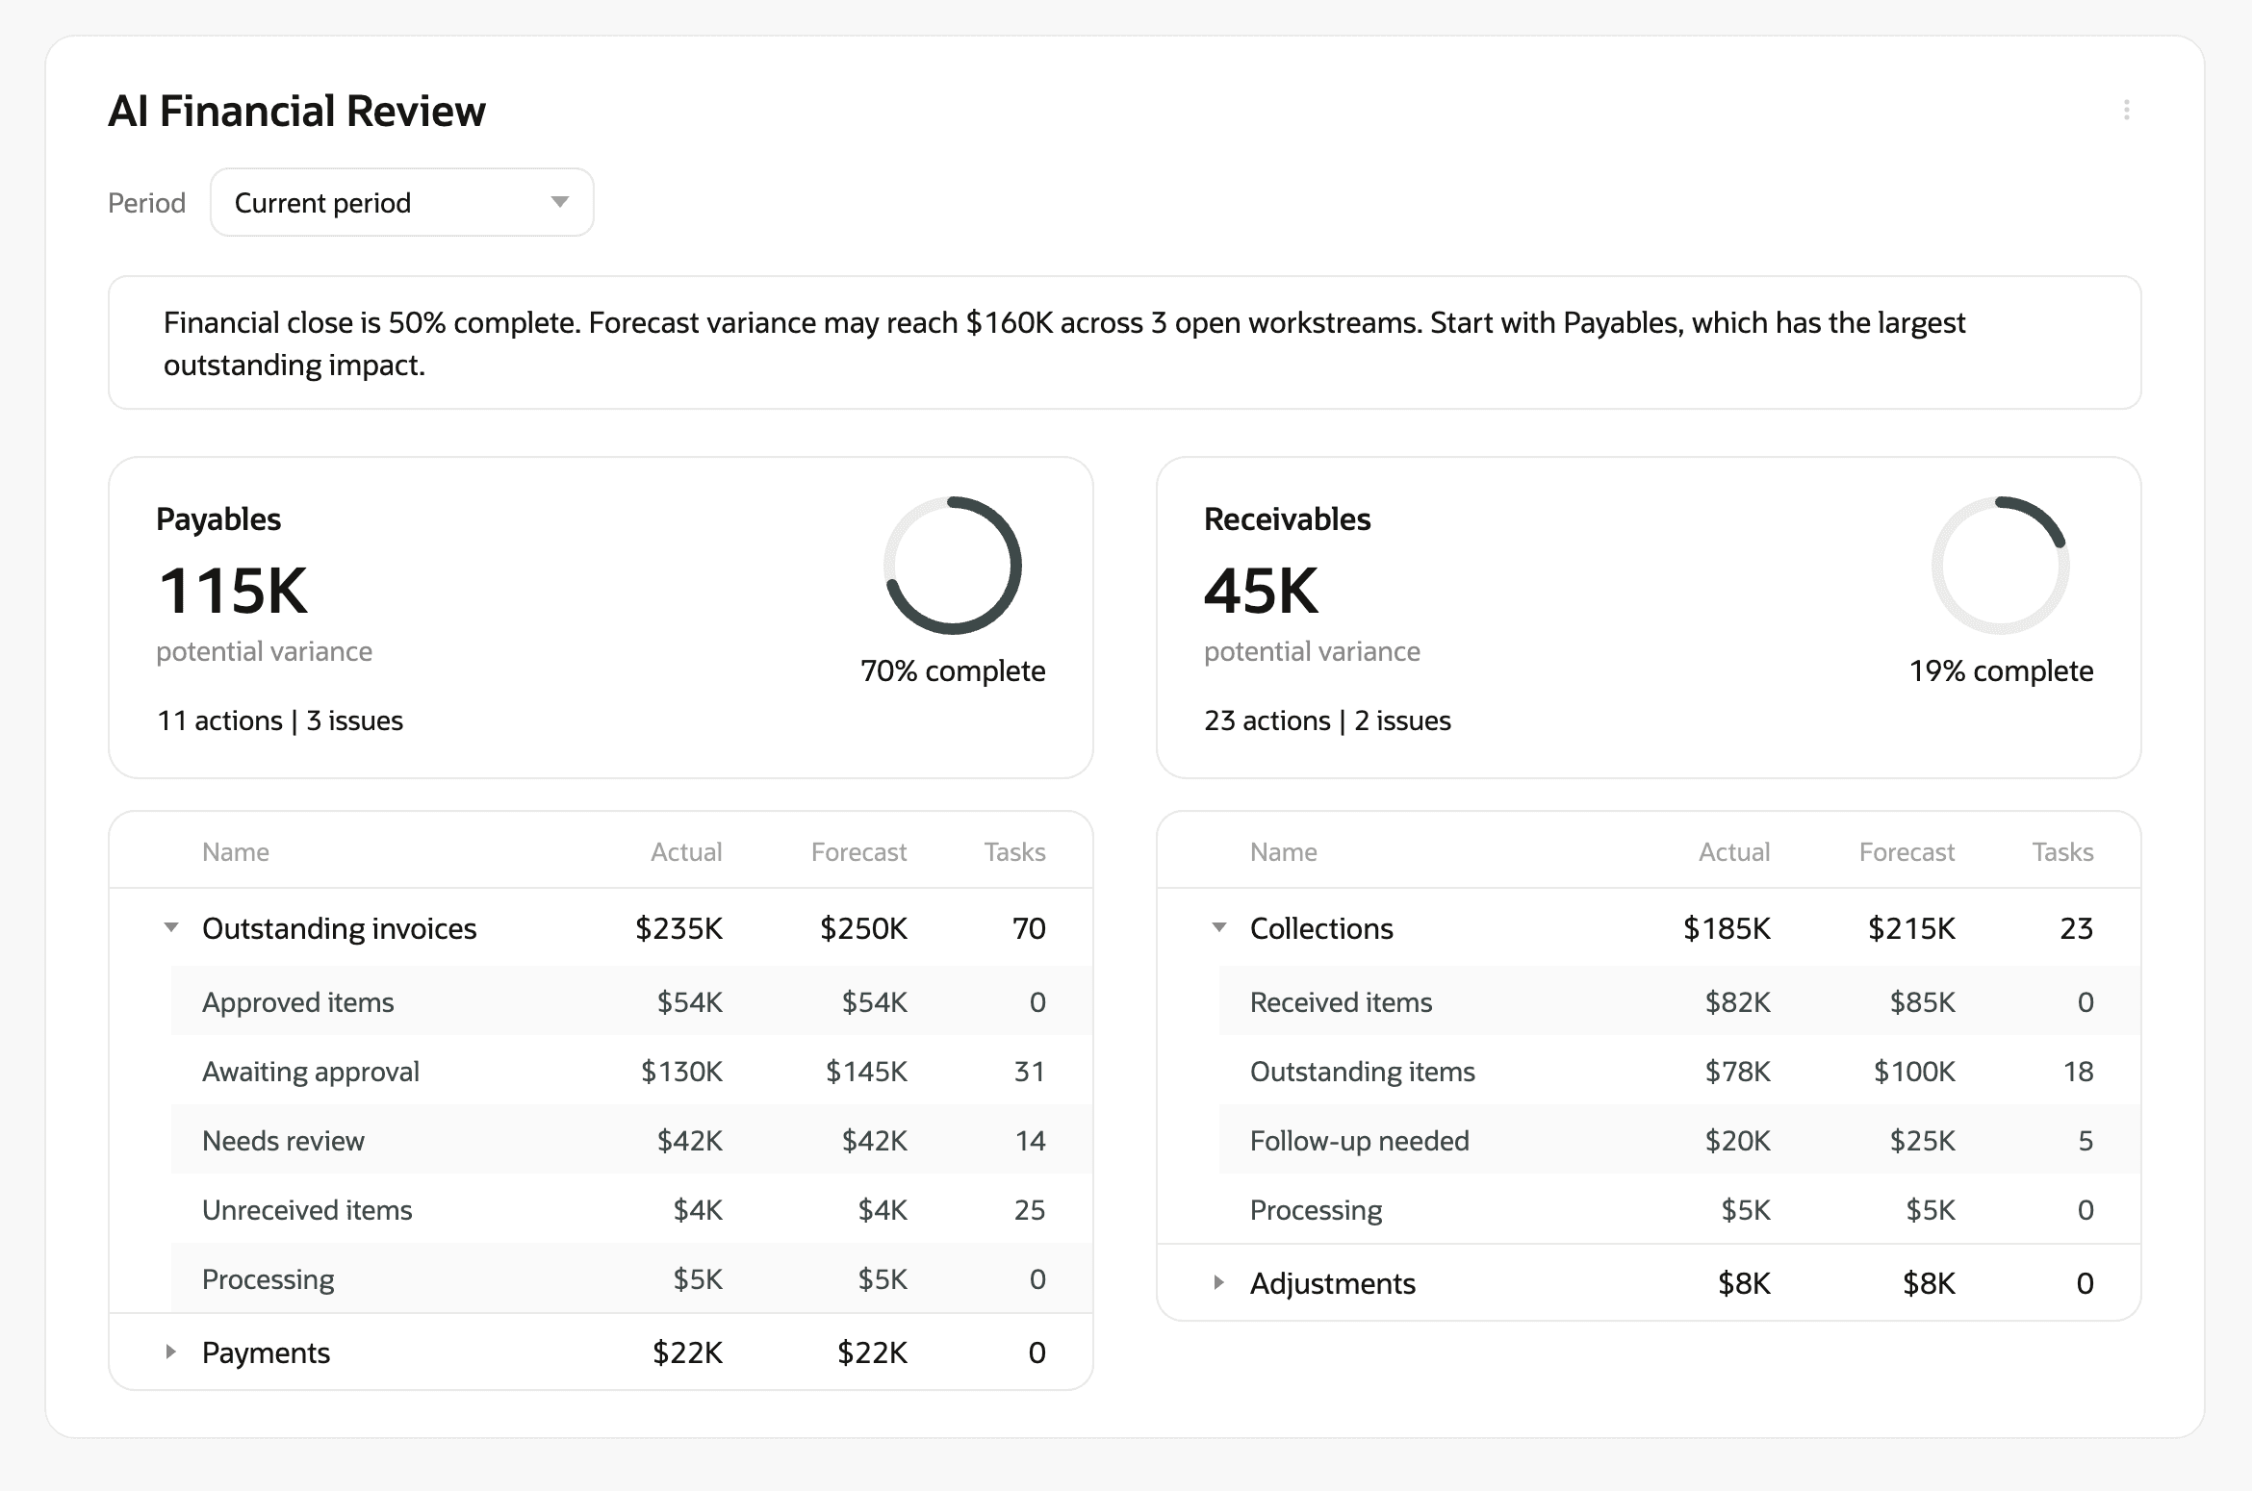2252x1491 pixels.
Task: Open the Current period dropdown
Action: pos(401,202)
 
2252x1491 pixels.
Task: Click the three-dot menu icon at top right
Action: pos(2126,110)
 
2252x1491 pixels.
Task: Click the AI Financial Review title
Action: pos(296,111)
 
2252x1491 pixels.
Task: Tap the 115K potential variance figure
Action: pos(233,591)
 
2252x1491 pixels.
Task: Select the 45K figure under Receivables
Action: pos(1261,591)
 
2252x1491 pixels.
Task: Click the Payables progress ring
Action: pos(952,566)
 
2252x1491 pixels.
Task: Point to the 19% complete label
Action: pos(2001,670)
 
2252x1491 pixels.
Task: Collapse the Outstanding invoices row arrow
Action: pos(171,927)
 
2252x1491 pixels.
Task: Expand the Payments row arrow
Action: pos(171,1352)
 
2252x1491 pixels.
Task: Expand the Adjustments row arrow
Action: pos(1218,1282)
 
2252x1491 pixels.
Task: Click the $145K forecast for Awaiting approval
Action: pos(866,1072)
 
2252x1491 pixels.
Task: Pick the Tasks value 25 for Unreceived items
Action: pos(1029,1210)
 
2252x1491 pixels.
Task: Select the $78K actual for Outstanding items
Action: pos(1737,1072)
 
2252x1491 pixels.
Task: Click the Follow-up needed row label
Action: pos(1359,1141)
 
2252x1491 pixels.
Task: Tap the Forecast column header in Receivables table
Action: pos(1906,852)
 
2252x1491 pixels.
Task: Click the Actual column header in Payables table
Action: pos(686,852)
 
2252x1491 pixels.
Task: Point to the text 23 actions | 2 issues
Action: pos(1327,720)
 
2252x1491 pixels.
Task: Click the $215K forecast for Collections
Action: pos(1911,928)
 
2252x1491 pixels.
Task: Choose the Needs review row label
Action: pos(283,1141)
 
